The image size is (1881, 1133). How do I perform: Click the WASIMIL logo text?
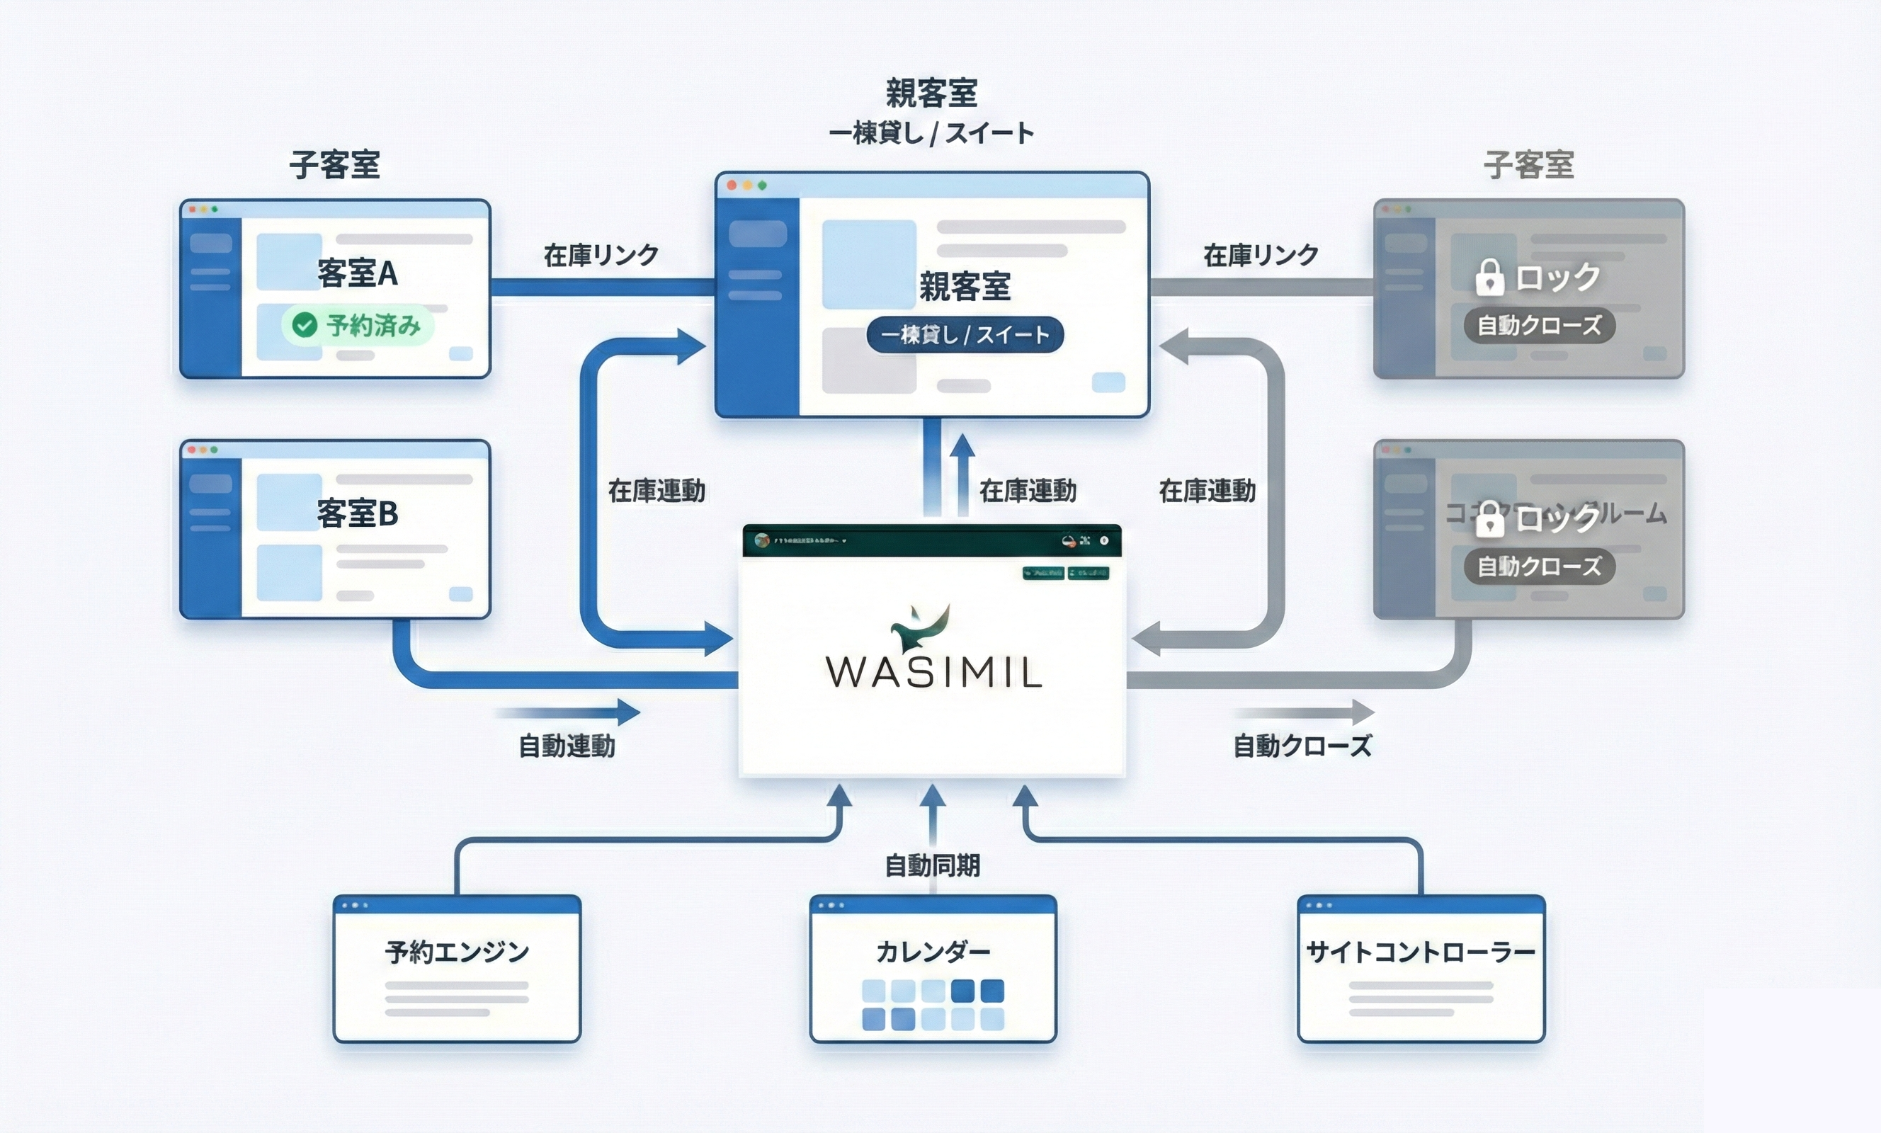coord(933,672)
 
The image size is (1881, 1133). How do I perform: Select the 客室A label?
coord(357,273)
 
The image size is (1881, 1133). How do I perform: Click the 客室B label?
coord(357,513)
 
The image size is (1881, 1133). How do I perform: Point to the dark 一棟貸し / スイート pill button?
coord(965,334)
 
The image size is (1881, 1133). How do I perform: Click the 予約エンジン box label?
coord(457,952)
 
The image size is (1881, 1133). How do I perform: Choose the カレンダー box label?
coord(933,952)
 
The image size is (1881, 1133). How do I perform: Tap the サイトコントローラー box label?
coord(1421,952)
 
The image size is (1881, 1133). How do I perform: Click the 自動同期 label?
coord(932,866)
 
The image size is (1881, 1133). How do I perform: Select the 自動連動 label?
coord(567,746)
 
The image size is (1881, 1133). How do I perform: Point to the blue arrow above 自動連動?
coord(569,712)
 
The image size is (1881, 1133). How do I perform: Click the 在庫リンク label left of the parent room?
coord(601,255)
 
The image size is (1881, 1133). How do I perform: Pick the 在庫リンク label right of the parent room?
coord(1261,255)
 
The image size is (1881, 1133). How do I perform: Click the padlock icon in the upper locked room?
coord(1489,277)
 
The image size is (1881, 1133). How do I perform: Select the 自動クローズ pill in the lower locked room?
coord(1539,566)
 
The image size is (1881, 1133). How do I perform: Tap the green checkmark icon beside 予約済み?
coord(305,326)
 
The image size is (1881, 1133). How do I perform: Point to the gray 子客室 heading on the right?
coord(1529,165)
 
